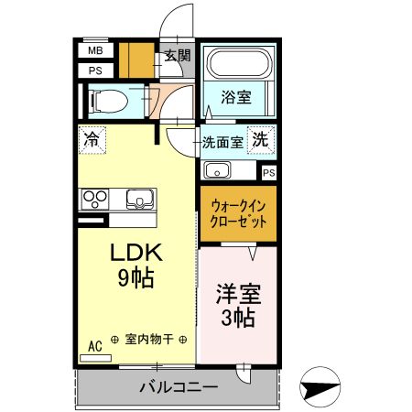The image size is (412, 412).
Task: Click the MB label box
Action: [95, 51]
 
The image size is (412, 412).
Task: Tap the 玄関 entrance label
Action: [177, 55]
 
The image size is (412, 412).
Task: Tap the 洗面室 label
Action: [222, 142]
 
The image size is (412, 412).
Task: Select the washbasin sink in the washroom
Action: [218, 170]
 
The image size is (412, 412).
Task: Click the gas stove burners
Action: [95, 199]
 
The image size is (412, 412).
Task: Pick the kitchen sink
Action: [140, 198]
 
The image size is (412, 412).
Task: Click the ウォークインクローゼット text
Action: [239, 214]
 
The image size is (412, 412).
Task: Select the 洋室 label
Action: [238, 294]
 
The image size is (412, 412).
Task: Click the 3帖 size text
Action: [238, 319]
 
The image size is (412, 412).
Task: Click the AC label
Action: [93, 345]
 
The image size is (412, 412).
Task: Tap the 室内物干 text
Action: [150, 339]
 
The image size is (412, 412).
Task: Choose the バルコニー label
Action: [178, 387]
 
